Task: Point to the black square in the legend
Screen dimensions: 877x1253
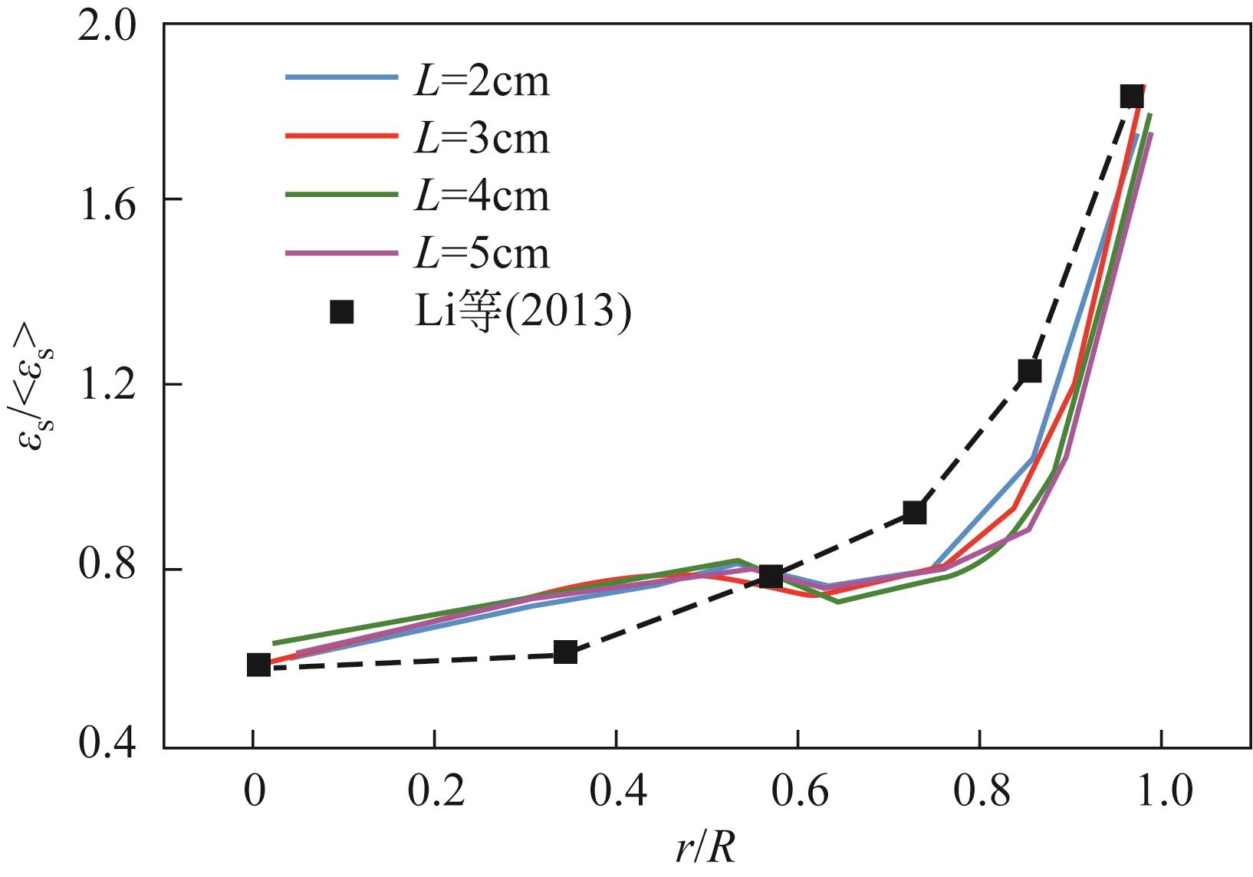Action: (342, 312)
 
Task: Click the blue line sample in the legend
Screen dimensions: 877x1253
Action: (342, 77)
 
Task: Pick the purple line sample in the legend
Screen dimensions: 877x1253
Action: (342, 251)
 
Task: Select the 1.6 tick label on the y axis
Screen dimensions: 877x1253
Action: (113, 199)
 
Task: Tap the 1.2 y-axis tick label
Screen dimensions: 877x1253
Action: (113, 384)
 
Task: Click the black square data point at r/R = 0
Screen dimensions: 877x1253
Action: (259, 665)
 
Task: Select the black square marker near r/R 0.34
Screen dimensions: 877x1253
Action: (565, 652)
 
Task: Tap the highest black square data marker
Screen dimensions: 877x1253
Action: (1131, 97)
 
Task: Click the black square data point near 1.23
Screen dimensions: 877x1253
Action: (1030, 371)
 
